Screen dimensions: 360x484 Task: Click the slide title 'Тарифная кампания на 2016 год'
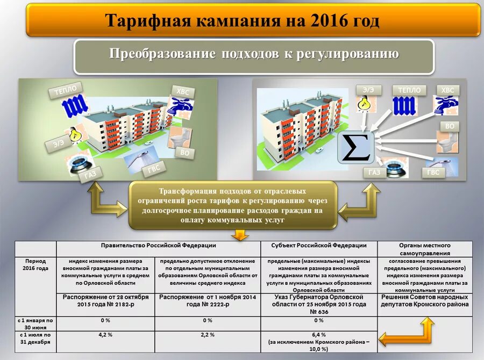coord(242,21)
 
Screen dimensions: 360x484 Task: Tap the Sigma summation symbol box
coord(355,147)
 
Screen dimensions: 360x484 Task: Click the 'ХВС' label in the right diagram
coord(447,90)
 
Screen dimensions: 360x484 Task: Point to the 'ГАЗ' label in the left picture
coord(91,174)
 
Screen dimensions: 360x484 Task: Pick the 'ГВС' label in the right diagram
coord(433,172)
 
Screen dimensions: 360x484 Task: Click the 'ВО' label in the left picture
coord(184,153)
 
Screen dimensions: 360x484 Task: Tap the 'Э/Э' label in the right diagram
coord(368,90)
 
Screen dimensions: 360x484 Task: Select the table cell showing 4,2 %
coord(105,335)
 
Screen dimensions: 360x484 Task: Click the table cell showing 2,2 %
coord(208,335)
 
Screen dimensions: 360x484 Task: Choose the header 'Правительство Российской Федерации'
coord(158,246)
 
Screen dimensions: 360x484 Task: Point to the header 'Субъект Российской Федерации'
coord(318,246)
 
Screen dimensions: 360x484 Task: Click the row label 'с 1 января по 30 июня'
coord(35,323)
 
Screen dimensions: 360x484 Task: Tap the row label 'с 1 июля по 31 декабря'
coord(35,338)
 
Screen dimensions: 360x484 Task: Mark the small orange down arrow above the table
coord(239,235)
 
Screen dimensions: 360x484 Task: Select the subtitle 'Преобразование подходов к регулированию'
coord(254,55)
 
